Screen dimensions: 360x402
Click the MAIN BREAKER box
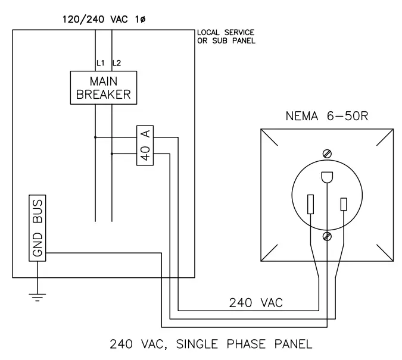[104, 87]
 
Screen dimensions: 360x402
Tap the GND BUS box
[38, 227]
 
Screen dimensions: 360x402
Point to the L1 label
[99, 64]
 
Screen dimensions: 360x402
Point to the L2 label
[116, 64]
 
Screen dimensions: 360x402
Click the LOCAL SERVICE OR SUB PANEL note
[226, 37]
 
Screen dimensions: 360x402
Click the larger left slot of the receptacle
[310, 204]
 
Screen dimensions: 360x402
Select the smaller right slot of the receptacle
[344, 204]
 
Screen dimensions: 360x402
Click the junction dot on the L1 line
[95, 137]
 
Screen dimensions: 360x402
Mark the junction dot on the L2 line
[112, 154]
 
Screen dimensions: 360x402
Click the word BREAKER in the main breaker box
[104, 94]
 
